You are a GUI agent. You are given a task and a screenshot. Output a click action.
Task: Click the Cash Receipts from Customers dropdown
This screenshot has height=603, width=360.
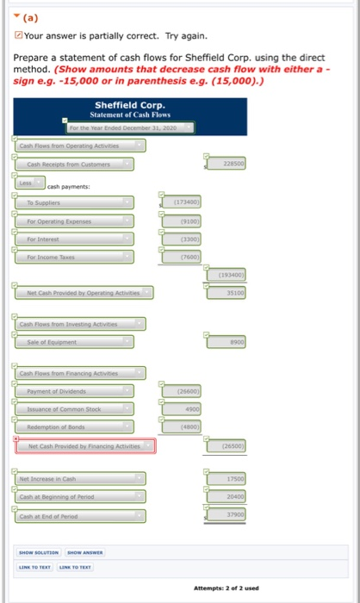coord(78,164)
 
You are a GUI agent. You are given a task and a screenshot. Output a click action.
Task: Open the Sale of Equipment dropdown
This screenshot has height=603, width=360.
coord(78,342)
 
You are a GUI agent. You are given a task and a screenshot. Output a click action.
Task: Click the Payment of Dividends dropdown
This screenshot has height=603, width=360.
coord(78,390)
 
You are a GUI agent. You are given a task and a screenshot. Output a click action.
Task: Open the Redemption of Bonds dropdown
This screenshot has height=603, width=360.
coord(78,427)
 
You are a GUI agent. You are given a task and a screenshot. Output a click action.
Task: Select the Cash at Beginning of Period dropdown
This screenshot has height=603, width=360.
coord(78,497)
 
